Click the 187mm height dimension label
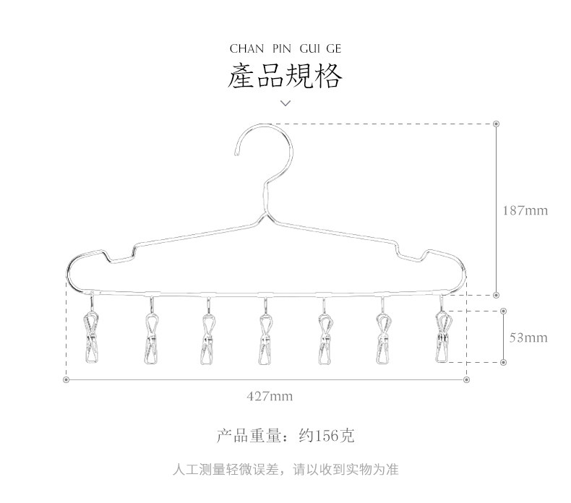525,211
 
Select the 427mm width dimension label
270,396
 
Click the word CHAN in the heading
245,49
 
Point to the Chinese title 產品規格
285,76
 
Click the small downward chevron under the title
285,103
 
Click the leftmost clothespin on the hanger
92,338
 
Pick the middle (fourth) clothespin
266,338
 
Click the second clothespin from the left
150,338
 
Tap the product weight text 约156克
327,436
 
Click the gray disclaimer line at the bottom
285,470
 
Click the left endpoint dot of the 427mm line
66,379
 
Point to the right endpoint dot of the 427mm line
466,379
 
